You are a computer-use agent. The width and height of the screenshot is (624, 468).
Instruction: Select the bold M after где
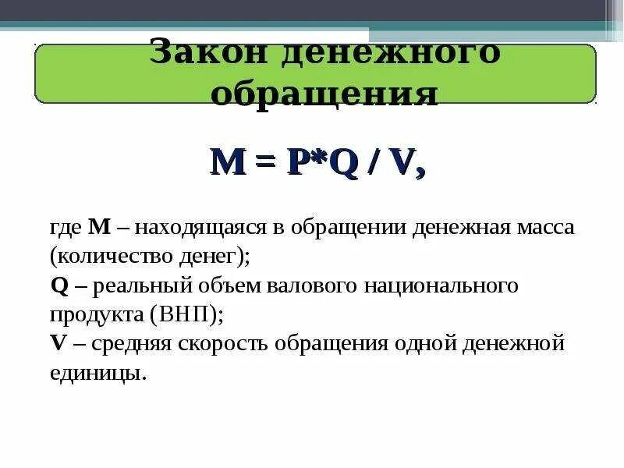coord(101,227)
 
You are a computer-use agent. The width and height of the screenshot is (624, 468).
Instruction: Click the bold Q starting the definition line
coord(59,285)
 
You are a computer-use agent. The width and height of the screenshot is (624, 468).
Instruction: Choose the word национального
coord(442,285)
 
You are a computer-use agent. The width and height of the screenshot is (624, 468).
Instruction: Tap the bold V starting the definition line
coord(58,343)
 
